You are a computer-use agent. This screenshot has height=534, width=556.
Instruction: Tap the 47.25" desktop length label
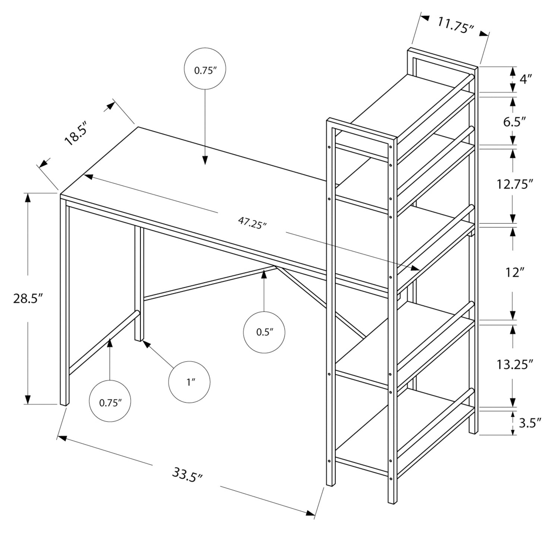coord(252,223)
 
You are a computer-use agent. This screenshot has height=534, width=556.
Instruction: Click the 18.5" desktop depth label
coord(76,133)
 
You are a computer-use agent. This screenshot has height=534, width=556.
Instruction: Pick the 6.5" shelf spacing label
coord(514,121)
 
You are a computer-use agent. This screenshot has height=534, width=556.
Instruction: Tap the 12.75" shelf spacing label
coord(515,184)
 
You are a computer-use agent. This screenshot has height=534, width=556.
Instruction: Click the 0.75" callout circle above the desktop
coord(205,69)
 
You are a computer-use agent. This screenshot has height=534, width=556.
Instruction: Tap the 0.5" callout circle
coord(264,332)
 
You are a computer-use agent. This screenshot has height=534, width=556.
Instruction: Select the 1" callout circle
coord(189,382)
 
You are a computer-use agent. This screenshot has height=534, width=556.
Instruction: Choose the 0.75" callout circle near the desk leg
coord(110,401)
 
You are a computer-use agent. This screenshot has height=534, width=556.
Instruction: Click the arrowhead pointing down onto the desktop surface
coord(205,160)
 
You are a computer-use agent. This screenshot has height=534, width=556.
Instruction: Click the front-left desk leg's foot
coord(64,403)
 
